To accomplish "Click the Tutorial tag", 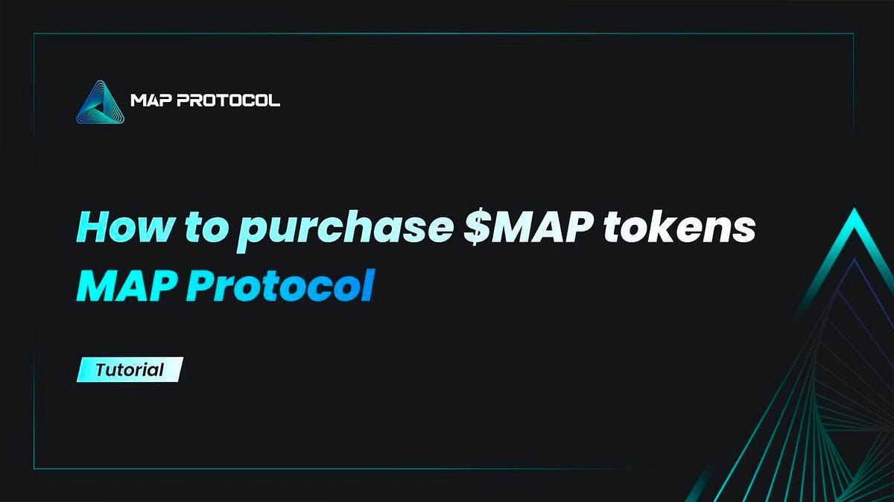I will coord(130,369).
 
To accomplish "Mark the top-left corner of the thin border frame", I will coord(34,34).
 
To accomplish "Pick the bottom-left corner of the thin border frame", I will coord(34,468).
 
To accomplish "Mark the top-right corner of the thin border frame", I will coord(854,34).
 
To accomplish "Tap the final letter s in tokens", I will coord(744,230).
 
